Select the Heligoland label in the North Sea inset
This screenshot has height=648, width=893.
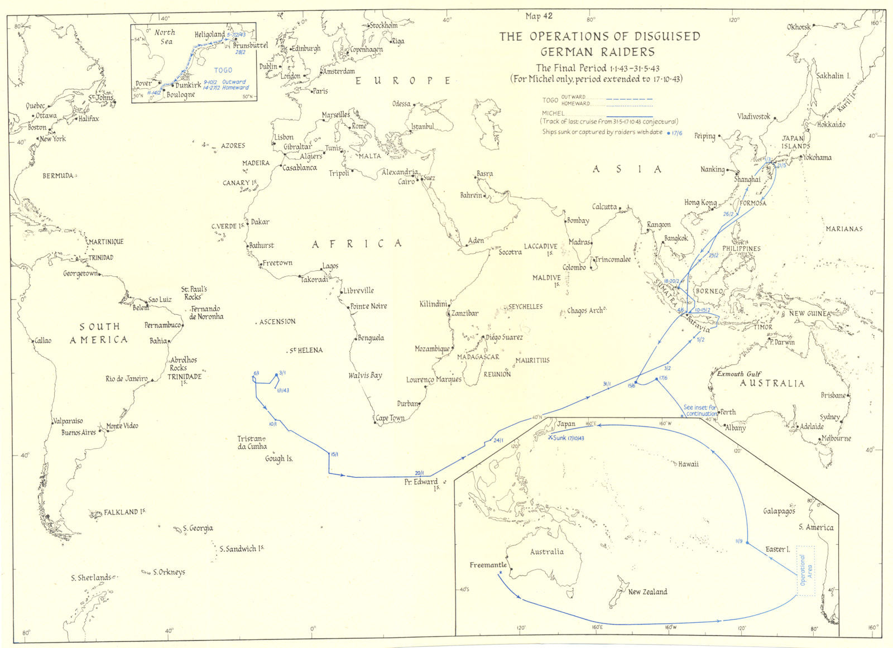point(209,35)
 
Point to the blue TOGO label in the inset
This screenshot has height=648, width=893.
point(223,71)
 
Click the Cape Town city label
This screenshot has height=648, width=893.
point(390,417)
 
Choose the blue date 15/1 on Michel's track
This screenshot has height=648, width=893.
point(334,454)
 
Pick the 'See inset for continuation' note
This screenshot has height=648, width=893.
point(700,411)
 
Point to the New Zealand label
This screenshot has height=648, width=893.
point(647,592)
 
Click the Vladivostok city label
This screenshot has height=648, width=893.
point(753,116)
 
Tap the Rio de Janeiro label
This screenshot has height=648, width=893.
point(126,379)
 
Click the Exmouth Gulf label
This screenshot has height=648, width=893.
point(739,374)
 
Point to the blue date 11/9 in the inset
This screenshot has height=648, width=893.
point(738,541)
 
